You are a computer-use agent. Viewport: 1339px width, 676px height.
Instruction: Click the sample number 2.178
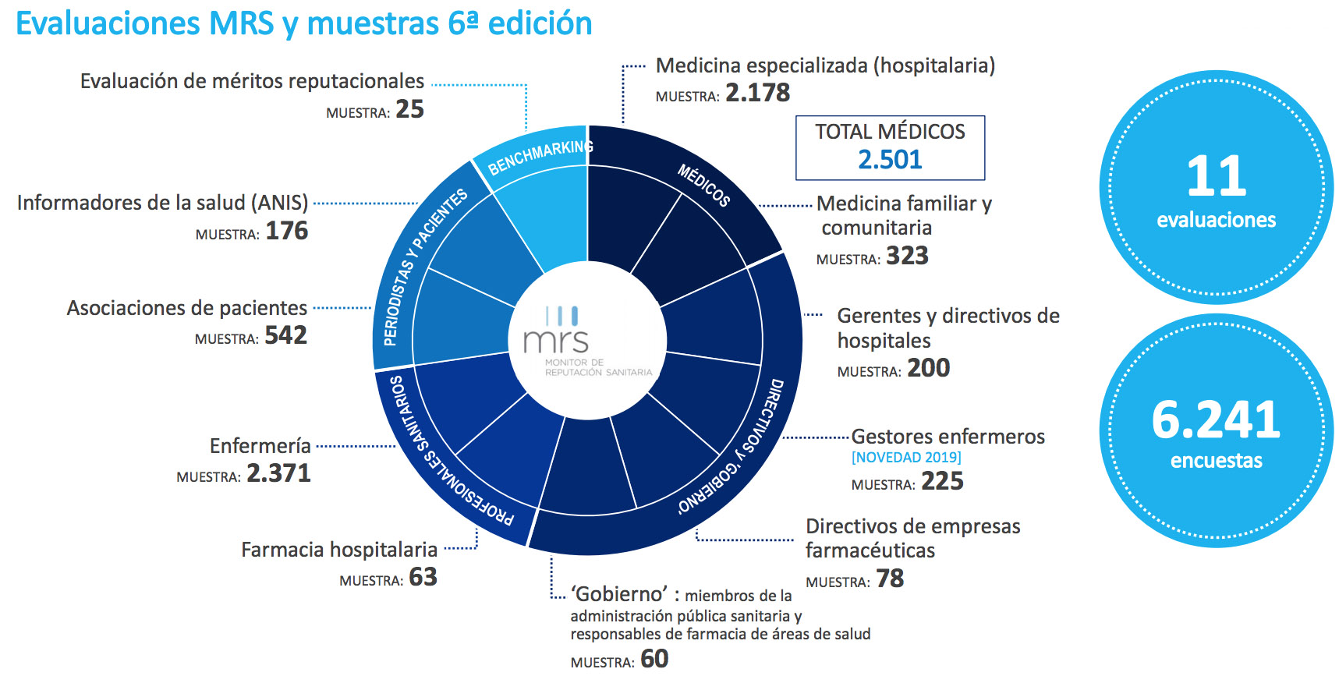coord(757,93)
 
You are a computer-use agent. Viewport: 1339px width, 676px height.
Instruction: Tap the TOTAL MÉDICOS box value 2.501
coord(890,160)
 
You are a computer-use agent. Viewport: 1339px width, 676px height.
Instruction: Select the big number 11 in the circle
coord(1216,176)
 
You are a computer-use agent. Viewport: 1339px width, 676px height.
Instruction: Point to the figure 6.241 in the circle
coord(1216,419)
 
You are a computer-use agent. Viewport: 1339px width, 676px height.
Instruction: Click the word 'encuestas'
coord(1216,461)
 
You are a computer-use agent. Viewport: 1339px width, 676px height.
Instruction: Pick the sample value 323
coord(907,257)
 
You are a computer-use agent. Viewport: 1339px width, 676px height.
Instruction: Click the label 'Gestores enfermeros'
coord(948,437)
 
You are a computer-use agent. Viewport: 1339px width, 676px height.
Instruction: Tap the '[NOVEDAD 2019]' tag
coord(906,458)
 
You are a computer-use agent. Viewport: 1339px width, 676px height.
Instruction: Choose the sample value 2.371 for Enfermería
coord(278,473)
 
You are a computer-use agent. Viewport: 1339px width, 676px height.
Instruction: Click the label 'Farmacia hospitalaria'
coord(339,550)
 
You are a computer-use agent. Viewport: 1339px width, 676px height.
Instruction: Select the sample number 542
coord(285,335)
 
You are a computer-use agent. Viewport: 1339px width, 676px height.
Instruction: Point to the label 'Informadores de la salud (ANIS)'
coord(162,203)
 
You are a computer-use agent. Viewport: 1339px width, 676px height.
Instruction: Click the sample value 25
coord(409,110)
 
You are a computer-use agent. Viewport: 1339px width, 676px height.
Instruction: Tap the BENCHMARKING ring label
coord(540,157)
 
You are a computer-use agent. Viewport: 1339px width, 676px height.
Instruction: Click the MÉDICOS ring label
coord(703,186)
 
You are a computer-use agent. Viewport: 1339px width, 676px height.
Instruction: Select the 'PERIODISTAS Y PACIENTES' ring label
coord(423,266)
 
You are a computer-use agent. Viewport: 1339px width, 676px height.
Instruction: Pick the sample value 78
coord(890,579)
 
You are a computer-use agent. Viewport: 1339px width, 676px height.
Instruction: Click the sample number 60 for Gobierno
coord(654,660)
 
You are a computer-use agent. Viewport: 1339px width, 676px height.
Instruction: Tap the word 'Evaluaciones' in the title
coord(106,23)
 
